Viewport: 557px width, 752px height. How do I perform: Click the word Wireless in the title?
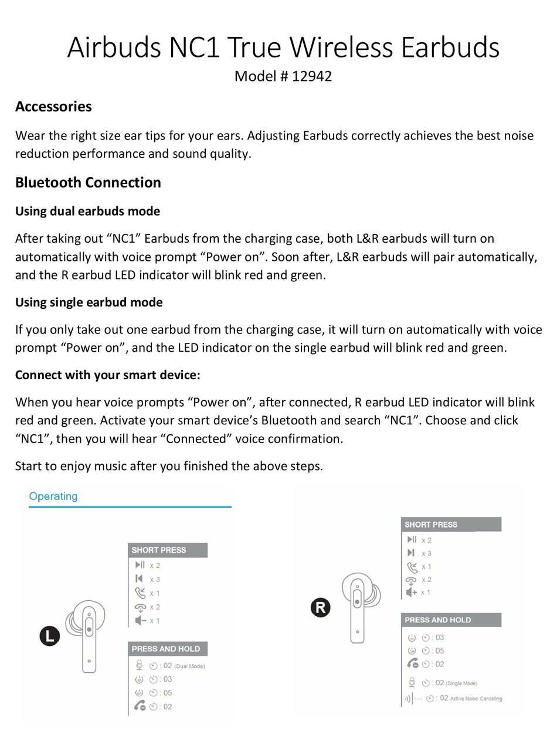pyautogui.click(x=349, y=47)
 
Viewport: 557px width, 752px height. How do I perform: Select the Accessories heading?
pyautogui.click(x=53, y=107)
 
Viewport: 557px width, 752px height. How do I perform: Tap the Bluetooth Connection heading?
pyautogui.click(x=88, y=182)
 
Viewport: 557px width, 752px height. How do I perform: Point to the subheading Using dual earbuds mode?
pyautogui.click(x=87, y=211)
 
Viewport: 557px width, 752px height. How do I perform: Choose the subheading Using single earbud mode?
pyautogui.click(x=89, y=302)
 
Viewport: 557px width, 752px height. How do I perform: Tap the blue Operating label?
pyautogui.click(x=53, y=496)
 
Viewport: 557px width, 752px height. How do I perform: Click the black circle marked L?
pyautogui.click(x=50, y=636)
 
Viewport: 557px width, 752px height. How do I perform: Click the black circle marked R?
pyautogui.click(x=320, y=607)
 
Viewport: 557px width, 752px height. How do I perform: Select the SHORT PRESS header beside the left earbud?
pyautogui.click(x=159, y=550)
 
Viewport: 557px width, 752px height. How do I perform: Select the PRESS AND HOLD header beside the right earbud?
pyautogui.click(x=438, y=620)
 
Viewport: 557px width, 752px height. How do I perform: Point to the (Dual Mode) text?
pyautogui.click(x=189, y=666)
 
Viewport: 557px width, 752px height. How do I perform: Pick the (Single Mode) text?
pyautogui.click(x=461, y=683)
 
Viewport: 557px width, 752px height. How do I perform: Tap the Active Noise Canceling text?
pyautogui.click(x=476, y=698)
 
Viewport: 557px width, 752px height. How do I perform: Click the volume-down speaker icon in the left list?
pyautogui.click(x=140, y=620)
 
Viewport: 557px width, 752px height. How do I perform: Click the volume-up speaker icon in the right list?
pyautogui.click(x=412, y=592)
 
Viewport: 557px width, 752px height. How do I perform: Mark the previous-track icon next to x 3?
pyautogui.click(x=139, y=579)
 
